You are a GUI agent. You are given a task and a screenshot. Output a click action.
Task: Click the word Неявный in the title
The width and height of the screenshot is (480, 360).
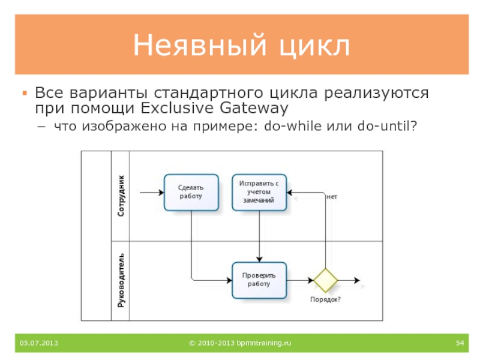(x=197, y=46)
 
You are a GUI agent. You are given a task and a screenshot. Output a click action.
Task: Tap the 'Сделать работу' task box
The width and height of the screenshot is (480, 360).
(x=191, y=192)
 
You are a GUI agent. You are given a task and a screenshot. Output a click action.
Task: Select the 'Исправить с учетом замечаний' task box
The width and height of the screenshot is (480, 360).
(x=259, y=192)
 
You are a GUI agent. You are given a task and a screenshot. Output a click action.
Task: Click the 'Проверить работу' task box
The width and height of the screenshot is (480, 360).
(x=259, y=280)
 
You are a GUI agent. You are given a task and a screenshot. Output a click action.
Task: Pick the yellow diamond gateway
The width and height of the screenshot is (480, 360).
(x=326, y=280)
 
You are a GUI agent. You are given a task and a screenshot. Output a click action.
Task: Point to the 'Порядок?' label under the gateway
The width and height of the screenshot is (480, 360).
(x=325, y=299)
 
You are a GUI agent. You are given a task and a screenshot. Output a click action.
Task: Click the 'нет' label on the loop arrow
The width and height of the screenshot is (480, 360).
(x=332, y=196)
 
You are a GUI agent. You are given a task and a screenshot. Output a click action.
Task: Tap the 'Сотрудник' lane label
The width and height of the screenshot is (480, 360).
(x=122, y=196)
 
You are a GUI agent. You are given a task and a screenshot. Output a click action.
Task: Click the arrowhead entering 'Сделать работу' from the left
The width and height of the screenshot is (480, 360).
(x=160, y=193)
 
